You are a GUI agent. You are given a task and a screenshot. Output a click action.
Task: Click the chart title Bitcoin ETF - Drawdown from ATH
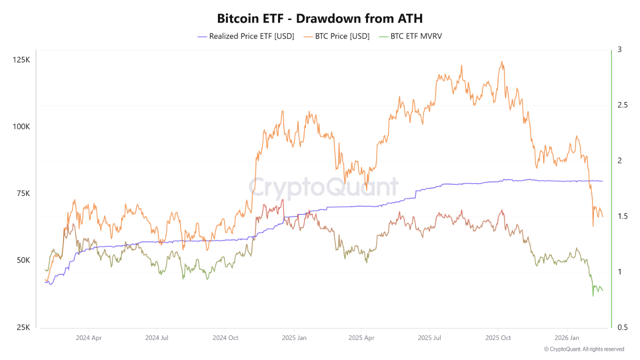pyautogui.click(x=320, y=18)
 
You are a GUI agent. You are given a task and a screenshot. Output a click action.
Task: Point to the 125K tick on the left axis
pyautogui.click(x=21, y=60)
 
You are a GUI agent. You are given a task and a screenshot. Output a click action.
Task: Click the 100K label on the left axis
pyautogui.click(x=21, y=126)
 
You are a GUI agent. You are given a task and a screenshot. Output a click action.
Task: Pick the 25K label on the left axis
pyautogui.click(x=22, y=327)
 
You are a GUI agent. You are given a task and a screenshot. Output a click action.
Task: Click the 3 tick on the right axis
pyautogui.click(x=619, y=49)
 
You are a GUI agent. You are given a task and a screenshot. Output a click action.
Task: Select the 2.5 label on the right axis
pyautogui.click(x=622, y=105)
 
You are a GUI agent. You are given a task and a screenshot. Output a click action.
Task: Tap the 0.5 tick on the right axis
pyautogui.click(x=622, y=327)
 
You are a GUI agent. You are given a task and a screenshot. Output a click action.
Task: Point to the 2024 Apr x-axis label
pyautogui.click(x=89, y=338)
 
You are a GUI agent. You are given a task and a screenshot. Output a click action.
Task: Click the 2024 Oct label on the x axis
pyautogui.click(x=225, y=338)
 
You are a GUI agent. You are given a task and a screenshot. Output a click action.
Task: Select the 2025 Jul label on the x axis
pyautogui.click(x=430, y=338)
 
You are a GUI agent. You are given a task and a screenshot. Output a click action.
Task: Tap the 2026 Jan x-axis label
pyautogui.click(x=567, y=338)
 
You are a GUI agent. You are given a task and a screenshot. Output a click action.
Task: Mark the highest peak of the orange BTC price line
pyautogui.click(x=501, y=61)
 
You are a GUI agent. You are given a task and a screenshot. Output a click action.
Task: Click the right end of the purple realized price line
pyautogui.click(x=602, y=181)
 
